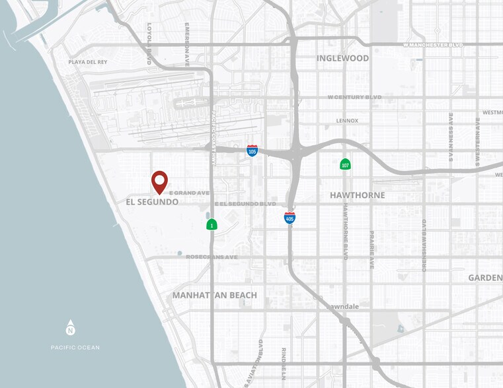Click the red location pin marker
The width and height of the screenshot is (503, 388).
coord(159,181)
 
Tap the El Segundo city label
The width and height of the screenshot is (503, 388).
coord(152,202)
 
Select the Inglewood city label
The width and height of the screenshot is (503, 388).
coord(342,58)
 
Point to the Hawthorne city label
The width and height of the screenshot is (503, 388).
coord(357,195)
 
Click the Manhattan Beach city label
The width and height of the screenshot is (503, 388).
coord(215,295)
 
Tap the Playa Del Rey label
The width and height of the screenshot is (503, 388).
coord(88,62)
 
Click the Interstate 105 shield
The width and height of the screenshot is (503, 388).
coord(252,150)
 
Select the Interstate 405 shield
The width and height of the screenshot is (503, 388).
coord(290,217)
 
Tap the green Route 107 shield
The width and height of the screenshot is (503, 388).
coord(345,164)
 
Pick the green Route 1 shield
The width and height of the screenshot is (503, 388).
coord(212,224)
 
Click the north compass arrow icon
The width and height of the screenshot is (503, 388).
coord(71,328)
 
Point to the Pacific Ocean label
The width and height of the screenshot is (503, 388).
coord(75,347)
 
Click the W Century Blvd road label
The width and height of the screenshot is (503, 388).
coord(355,97)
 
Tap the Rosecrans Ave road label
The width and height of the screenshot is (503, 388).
coord(212,257)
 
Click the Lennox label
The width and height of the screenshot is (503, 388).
coord(347,121)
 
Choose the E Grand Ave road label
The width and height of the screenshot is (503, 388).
coord(189,193)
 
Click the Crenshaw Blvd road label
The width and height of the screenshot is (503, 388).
coord(424,245)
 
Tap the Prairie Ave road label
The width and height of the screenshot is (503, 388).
coord(372,249)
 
